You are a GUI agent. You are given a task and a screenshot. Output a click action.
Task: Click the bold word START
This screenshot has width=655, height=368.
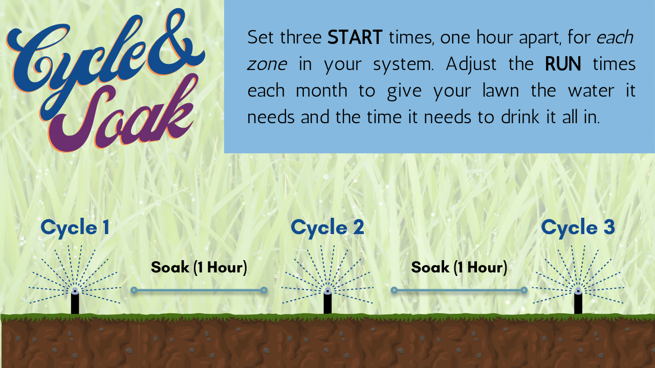(355, 38)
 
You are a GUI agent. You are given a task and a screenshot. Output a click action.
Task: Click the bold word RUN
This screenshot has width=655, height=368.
(563, 64)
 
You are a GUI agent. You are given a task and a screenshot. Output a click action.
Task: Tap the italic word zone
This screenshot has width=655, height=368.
(267, 65)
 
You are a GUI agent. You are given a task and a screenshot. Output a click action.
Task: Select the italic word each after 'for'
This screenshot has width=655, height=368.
(615, 38)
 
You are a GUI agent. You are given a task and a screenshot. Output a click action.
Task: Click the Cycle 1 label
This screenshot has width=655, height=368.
(75, 228)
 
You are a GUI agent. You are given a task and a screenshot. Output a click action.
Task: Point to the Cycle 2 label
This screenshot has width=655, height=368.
(327, 228)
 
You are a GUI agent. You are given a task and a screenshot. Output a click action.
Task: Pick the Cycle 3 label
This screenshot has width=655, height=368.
(578, 228)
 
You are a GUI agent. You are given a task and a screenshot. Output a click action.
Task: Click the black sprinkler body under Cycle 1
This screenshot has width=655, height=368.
(75, 302)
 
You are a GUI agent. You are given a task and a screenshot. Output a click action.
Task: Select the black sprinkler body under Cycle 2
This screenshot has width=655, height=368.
(327, 302)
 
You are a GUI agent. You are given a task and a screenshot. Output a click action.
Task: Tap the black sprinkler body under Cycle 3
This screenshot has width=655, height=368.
(578, 302)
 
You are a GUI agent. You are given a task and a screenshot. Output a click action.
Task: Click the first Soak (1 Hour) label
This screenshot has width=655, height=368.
(199, 268)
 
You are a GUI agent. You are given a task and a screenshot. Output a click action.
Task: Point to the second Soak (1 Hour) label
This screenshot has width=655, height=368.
(459, 268)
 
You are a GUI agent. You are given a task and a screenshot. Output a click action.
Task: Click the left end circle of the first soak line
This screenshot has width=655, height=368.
(134, 290)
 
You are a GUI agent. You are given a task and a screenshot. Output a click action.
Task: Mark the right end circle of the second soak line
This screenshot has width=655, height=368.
(524, 290)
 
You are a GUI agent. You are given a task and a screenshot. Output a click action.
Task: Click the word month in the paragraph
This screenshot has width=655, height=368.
(322, 90)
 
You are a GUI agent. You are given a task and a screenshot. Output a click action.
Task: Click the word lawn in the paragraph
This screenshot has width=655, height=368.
(500, 90)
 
